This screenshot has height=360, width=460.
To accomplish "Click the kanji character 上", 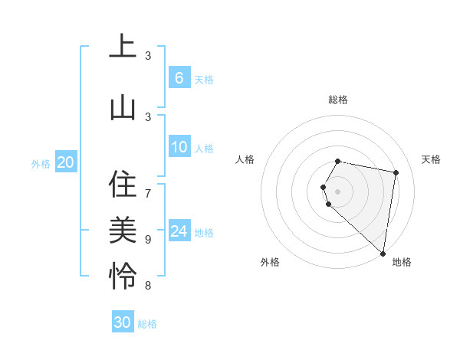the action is click(123, 46).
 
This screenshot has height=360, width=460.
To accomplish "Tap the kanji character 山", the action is click(123, 107).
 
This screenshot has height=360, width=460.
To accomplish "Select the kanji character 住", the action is click(123, 185).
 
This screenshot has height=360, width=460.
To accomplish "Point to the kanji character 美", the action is click(123, 230).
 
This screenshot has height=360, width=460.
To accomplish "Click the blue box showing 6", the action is click(179, 77).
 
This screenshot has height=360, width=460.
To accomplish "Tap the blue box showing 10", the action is click(179, 148).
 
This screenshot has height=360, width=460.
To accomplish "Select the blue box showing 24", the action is click(179, 232).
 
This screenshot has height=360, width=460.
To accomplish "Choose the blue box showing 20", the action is click(66, 162).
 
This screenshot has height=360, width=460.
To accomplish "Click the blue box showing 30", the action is click(123, 322).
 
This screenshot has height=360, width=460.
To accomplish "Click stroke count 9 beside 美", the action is click(148, 239).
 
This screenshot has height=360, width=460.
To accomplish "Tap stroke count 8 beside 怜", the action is click(148, 286).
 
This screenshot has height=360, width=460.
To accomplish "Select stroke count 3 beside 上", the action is click(148, 55).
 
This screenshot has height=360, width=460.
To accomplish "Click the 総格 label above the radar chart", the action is click(338, 100).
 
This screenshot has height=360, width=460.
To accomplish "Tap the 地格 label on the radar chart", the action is click(402, 262).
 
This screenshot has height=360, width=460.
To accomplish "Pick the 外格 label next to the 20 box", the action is click(40, 163).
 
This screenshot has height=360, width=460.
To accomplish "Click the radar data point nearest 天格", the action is click(396, 172).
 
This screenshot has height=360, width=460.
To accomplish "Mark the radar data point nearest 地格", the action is click(383, 253).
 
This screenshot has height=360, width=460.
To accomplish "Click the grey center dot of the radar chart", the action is click(338, 191).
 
